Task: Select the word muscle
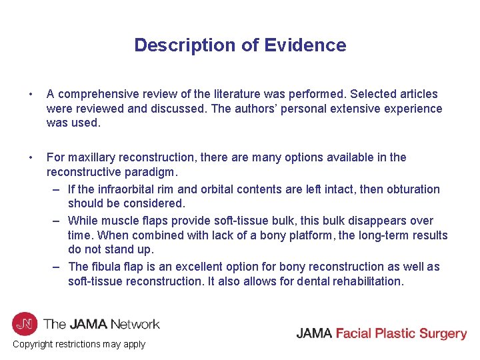tap(119, 221)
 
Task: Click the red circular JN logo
tap(25, 324)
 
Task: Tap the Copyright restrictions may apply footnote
tap(79, 344)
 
